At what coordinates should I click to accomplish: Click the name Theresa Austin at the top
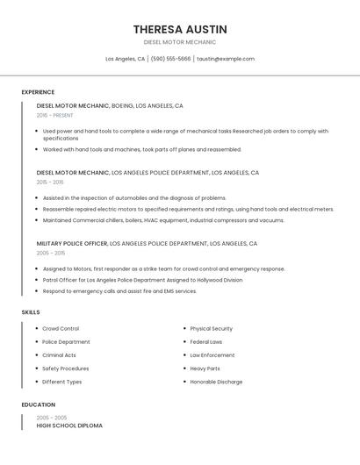pyautogui.click(x=180, y=29)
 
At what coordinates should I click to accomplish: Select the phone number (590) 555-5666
pyautogui.click(x=170, y=59)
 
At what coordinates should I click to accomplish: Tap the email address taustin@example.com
pyautogui.click(x=226, y=59)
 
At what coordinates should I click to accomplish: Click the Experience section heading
pyautogui.click(x=38, y=92)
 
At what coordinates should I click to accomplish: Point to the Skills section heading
pyautogui.click(x=31, y=311)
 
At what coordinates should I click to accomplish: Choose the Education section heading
pyautogui.click(x=38, y=404)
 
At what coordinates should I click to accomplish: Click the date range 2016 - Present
pyautogui.click(x=55, y=115)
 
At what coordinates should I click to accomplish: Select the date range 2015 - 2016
pyautogui.click(x=50, y=182)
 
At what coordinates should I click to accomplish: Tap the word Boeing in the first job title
pyautogui.click(x=123, y=105)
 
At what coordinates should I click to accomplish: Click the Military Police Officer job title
pyautogui.click(x=72, y=243)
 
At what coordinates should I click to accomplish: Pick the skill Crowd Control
pyautogui.click(x=61, y=328)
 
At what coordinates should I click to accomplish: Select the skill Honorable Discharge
pyautogui.click(x=216, y=382)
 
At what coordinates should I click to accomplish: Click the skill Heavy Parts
pyautogui.click(x=205, y=368)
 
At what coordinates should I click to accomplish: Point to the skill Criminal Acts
pyautogui.click(x=59, y=355)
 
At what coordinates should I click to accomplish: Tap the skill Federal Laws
pyautogui.click(x=206, y=341)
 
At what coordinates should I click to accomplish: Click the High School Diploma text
pyautogui.click(x=69, y=426)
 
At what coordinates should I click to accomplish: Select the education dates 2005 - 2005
pyautogui.click(x=52, y=418)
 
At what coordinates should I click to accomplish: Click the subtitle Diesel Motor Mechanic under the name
pyautogui.click(x=180, y=42)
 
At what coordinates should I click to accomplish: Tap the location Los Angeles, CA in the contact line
pyautogui.click(x=125, y=59)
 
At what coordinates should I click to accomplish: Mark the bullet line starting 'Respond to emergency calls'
pyautogui.click(x=119, y=291)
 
